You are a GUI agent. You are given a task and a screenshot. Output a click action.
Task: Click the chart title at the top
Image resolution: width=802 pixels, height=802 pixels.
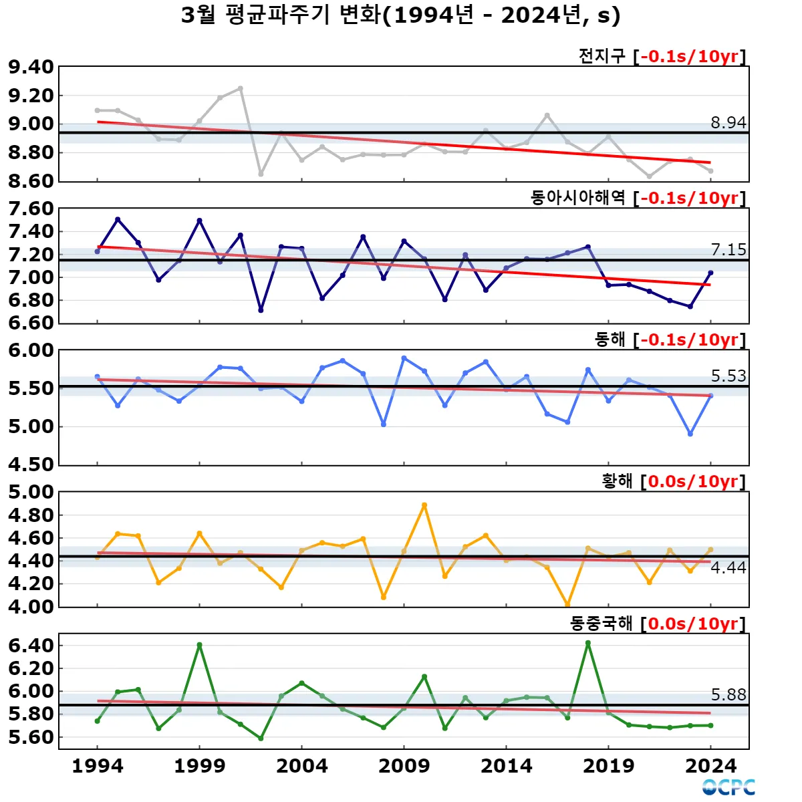(401, 15)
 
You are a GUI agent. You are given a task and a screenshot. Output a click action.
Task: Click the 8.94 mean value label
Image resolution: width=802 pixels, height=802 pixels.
(728, 122)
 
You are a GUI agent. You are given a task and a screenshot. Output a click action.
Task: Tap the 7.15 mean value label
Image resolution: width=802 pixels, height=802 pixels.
(728, 249)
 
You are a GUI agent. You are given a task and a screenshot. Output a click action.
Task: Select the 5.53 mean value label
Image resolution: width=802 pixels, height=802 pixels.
(728, 376)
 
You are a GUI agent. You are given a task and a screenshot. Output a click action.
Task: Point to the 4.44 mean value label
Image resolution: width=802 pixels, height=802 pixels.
(728, 567)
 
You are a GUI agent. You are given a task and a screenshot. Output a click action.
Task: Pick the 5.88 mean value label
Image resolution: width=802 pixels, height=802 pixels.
(728, 694)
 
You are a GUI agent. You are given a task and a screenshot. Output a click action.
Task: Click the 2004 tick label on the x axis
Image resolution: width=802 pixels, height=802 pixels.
(301, 766)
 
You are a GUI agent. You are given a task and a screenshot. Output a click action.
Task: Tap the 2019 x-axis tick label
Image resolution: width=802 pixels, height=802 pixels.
(608, 766)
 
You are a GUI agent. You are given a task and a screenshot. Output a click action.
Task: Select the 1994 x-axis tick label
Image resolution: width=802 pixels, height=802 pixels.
(98, 766)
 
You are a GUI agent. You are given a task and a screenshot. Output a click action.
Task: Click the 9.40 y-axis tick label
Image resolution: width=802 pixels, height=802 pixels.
(31, 67)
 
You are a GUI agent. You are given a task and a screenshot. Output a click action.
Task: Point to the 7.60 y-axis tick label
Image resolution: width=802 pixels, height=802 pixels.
(31, 209)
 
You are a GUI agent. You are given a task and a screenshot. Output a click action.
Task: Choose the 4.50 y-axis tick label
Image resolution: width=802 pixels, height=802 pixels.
(31, 464)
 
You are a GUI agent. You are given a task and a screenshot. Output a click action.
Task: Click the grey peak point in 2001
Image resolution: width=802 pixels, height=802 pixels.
(241, 88)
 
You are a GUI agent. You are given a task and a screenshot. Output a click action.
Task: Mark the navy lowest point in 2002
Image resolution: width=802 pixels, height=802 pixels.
(261, 310)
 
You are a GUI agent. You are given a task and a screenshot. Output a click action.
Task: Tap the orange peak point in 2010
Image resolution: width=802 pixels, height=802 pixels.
(424, 505)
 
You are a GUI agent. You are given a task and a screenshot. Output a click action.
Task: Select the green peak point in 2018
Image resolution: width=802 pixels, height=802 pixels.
(587, 643)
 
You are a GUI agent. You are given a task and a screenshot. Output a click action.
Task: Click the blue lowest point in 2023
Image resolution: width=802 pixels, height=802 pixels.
(690, 434)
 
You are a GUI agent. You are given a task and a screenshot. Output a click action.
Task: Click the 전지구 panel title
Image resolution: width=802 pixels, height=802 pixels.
(601, 56)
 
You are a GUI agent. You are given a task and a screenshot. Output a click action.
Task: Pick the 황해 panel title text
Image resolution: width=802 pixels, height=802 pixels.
(617, 481)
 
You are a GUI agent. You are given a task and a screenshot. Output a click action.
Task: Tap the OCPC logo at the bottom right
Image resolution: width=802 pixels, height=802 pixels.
(728, 787)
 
